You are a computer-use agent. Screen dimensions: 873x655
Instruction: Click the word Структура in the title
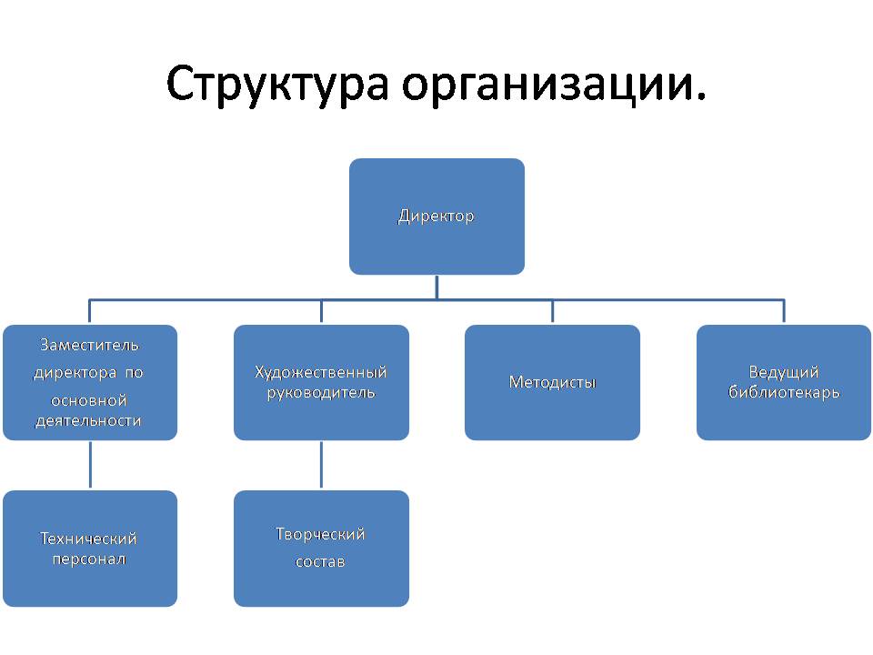point(277,84)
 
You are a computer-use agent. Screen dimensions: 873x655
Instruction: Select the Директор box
point(436,217)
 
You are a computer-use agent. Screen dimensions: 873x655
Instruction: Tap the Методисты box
point(552,382)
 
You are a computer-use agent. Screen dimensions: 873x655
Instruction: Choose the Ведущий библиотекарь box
point(784,382)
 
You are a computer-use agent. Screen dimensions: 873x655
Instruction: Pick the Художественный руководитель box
point(321,382)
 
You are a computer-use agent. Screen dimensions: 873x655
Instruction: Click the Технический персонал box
point(90,549)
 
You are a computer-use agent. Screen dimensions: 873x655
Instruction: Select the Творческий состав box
point(321,549)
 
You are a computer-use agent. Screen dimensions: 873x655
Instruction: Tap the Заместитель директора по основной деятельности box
point(90,382)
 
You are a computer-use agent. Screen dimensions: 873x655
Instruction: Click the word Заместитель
point(89,346)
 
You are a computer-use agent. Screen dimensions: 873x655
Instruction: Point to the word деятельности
point(88,420)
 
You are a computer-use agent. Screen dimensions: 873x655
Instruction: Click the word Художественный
point(321,372)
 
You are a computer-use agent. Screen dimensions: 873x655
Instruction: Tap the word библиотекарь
point(784,392)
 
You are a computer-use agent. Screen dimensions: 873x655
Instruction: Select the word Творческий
point(320,534)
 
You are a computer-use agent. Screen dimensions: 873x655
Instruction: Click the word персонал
point(89,559)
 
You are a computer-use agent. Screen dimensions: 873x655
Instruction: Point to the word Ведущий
point(783,372)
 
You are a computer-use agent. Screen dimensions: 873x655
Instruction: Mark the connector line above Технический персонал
point(90,465)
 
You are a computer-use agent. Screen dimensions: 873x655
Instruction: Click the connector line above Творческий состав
point(321,465)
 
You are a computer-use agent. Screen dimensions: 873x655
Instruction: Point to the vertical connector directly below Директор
point(436,287)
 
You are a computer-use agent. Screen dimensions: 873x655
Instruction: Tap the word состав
point(320,561)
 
